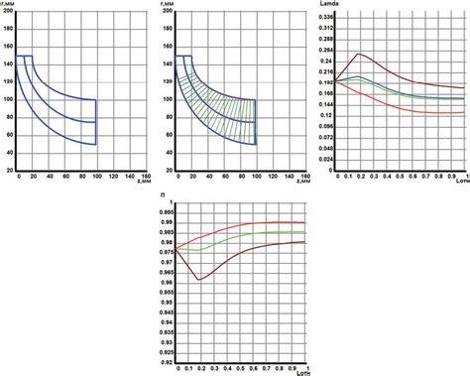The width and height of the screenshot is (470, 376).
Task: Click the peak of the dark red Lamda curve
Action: (358, 54)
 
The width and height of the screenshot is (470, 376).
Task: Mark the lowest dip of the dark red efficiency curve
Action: (200, 280)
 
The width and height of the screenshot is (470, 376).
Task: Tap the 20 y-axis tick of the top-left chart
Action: (10, 171)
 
